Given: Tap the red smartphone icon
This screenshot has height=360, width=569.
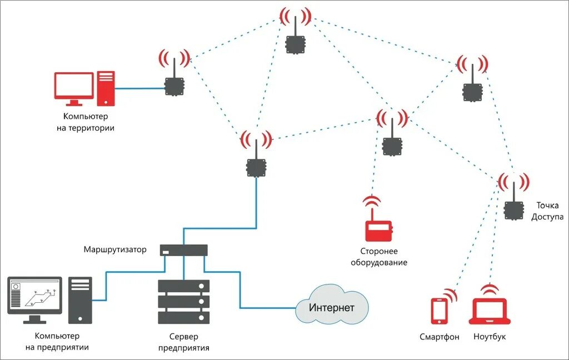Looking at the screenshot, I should click(x=440, y=311).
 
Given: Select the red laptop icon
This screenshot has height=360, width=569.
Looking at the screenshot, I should click(x=490, y=312).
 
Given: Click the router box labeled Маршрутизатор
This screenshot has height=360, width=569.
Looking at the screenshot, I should click(x=183, y=250).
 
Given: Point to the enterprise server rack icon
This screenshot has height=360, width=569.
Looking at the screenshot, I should click(x=183, y=302).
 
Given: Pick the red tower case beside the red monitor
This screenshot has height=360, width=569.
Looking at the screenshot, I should click(x=106, y=88).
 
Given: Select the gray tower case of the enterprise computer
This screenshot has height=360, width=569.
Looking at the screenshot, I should click(x=80, y=300).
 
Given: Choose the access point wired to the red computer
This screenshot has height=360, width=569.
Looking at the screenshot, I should click(x=174, y=86).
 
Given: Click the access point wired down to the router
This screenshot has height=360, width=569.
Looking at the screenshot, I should click(x=256, y=166).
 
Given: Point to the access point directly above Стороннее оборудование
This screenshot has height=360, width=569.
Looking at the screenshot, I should click(x=392, y=144).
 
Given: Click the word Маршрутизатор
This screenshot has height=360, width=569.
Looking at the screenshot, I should click(x=115, y=249).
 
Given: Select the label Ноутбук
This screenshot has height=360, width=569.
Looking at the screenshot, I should click(x=490, y=337).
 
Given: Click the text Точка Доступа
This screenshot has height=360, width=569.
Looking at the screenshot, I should click(x=547, y=211).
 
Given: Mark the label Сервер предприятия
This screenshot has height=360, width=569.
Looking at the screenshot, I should click(x=183, y=342).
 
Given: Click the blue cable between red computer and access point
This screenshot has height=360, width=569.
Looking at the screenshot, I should click(x=139, y=88).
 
